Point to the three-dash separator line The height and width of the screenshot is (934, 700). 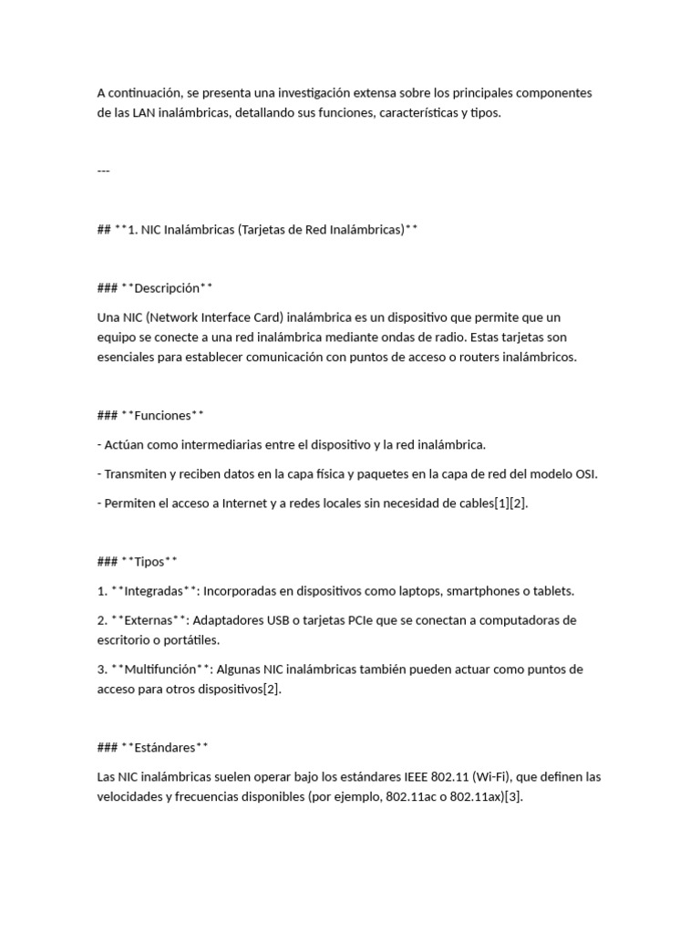tap(103, 170)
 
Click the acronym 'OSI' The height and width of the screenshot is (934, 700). tap(586, 473)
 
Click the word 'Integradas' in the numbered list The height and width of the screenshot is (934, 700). tap(154, 590)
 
